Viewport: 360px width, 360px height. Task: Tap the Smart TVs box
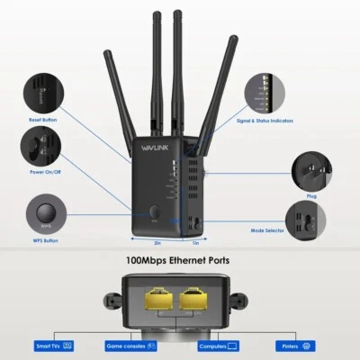54,345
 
